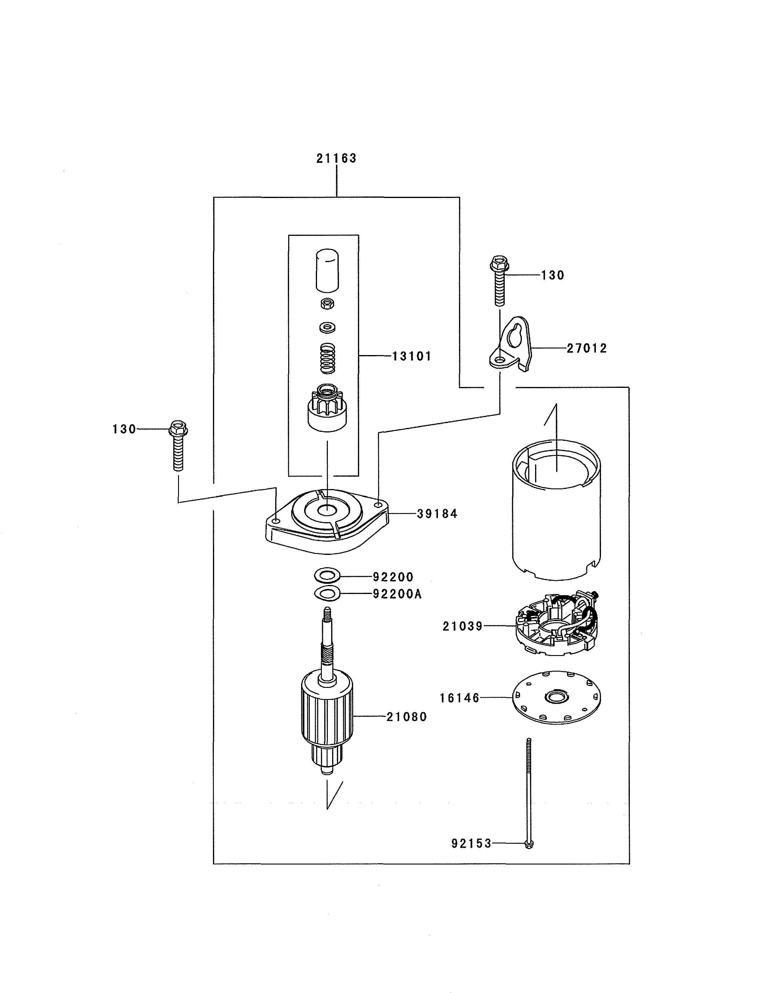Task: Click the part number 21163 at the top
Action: [336, 158]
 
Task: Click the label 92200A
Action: [397, 594]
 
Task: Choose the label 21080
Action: [407, 717]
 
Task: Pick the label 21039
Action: [463, 626]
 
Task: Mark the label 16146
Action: [459, 698]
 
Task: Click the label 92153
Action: [471, 844]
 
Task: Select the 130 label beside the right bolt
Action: [553, 276]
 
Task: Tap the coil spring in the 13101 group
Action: [328, 358]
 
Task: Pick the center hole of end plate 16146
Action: [556, 697]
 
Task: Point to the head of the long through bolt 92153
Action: [528, 844]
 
